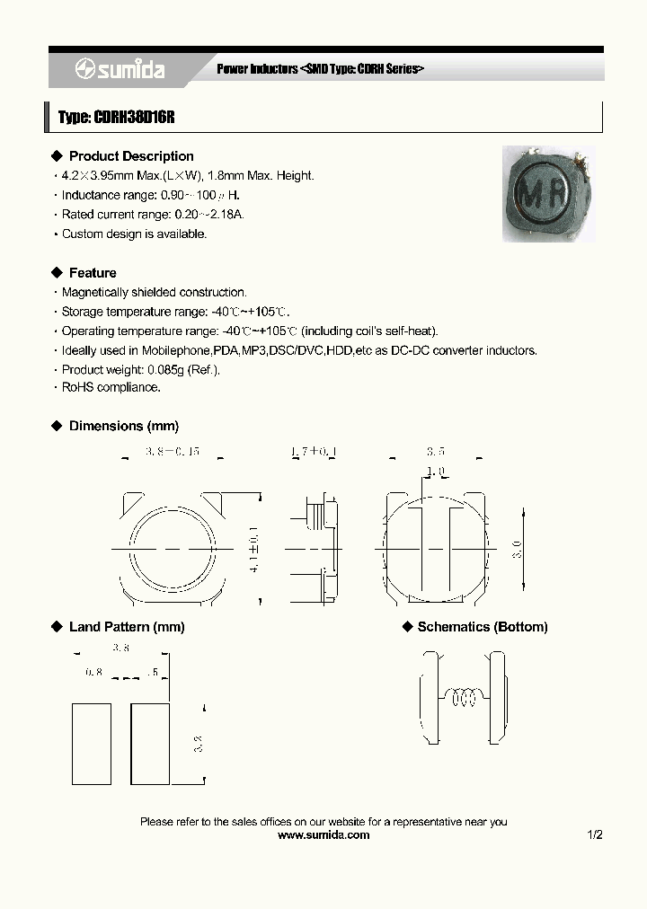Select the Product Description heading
point(131,156)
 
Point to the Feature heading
point(93,272)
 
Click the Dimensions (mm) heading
point(124,426)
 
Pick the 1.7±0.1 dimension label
point(315,451)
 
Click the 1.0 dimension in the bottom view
point(436,472)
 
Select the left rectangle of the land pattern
point(92,744)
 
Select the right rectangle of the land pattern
point(150,744)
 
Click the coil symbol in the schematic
point(465,696)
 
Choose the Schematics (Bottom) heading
point(483,627)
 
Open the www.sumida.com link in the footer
point(323,834)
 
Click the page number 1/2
point(594,834)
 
